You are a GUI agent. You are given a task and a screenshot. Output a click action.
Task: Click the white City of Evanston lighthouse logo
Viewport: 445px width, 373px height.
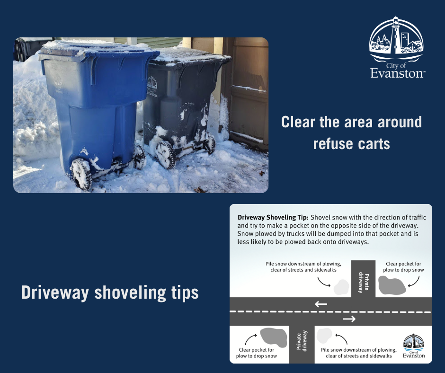[x=397, y=47]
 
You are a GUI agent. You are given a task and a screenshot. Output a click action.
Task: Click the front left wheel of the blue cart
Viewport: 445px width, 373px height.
[x=81, y=173]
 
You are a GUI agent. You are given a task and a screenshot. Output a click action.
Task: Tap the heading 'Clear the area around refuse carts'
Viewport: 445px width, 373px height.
[x=351, y=133]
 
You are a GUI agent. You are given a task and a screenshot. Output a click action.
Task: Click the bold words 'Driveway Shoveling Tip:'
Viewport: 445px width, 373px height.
[x=272, y=217]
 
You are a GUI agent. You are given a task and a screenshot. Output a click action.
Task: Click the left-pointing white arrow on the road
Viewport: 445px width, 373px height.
[x=321, y=304]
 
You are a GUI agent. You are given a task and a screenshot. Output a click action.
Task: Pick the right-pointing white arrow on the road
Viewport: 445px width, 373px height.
[x=349, y=319]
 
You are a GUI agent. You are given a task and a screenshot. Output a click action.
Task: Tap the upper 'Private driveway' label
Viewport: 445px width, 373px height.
[x=363, y=280]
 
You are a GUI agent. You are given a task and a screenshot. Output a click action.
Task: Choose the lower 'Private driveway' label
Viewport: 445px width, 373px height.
[x=302, y=343]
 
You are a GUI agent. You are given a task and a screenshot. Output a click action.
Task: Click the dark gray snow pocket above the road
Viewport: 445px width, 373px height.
[x=391, y=286]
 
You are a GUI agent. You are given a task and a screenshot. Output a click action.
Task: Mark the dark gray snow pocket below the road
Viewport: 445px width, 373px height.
[x=273, y=337]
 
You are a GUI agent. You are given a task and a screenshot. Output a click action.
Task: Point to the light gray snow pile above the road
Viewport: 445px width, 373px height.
[x=341, y=287]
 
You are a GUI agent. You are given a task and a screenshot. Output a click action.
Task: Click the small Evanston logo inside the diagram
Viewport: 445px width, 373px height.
[x=413, y=346]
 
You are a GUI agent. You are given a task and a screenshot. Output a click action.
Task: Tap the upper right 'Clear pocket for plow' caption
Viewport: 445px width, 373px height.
[x=403, y=267]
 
